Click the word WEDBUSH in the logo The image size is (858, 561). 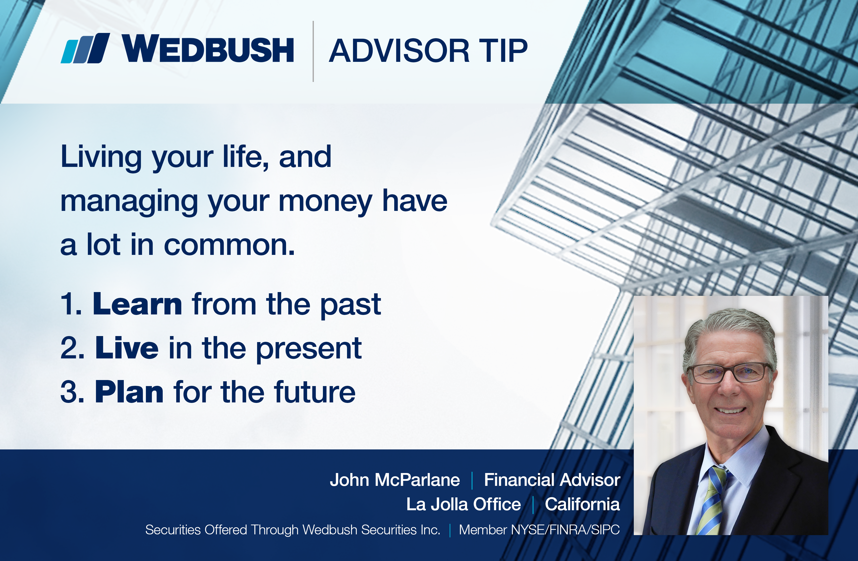coord(208,49)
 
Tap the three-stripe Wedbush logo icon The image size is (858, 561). coord(85,48)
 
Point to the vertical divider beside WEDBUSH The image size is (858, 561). coord(313,51)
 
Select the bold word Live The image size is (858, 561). coord(127,348)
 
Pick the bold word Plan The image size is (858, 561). coord(129,392)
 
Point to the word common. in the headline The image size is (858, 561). coord(229,245)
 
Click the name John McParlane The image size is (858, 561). coord(395,480)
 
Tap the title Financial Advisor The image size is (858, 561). coord(552,480)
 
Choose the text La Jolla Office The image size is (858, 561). coord(464,504)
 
